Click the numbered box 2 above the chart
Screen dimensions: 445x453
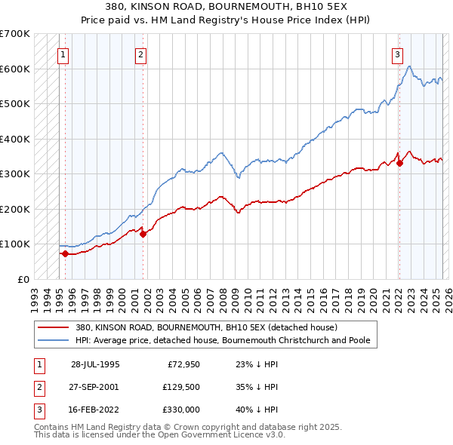[x=140, y=54]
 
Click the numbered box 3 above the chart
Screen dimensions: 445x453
[x=397, y=54]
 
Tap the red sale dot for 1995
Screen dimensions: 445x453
[x=65, y=253]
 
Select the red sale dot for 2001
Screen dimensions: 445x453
[x=143, y=234]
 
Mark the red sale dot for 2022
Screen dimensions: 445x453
[x=400, y=163]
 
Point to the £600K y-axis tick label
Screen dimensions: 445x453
[x=15, y=69]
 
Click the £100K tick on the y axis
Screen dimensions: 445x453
[x=15, y=244]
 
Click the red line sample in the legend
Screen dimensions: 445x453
[x=54, y=327]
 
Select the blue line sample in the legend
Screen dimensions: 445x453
[x=54, y=340]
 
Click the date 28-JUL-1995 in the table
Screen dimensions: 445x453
[x=95, y=364]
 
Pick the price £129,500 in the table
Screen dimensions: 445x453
[x=180, y=386]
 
